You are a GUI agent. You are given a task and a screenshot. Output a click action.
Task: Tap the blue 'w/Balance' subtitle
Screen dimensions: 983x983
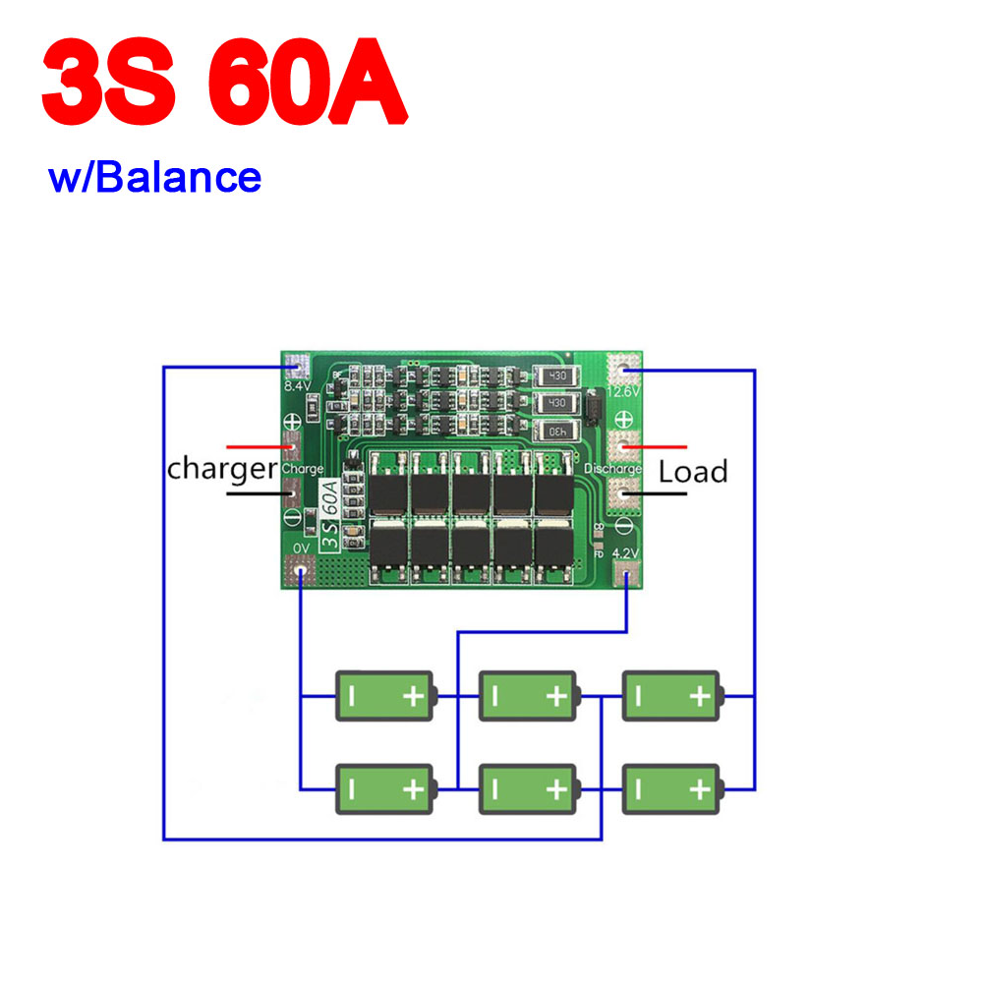coord(155,178)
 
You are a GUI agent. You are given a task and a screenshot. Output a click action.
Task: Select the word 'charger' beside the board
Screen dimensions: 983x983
coord(222,468)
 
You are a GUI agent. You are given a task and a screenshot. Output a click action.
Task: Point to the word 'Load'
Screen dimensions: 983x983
coord(693,472)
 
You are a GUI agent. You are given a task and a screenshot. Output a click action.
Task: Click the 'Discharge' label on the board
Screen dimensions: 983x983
coord(612,469)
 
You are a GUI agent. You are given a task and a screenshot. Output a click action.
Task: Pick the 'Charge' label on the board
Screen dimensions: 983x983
coord(302,469)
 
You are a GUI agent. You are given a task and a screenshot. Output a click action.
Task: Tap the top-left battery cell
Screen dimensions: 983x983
coord(384,696)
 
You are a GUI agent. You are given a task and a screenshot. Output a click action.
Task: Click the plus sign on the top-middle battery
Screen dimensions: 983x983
coord(556,697)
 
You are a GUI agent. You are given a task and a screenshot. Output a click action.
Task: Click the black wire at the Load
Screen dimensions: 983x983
coord(658,491)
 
